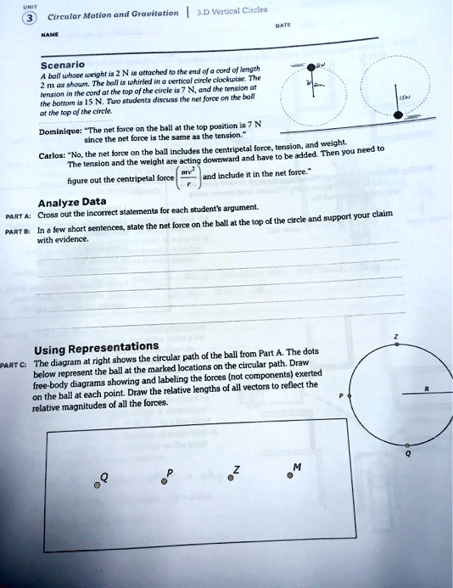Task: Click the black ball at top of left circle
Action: [x=314, y=68]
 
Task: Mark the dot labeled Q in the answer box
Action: [x=101, y=488]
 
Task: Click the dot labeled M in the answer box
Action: [x=290, y=476]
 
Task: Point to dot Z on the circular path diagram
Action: [x=394, y=345]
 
